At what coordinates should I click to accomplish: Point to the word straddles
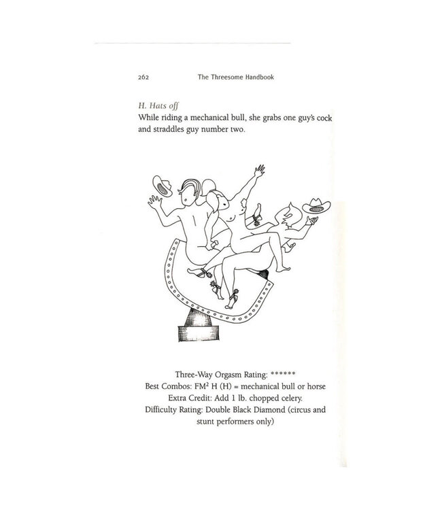point(182,131)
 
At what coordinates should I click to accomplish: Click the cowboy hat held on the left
point(161,184)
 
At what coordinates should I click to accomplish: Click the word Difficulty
point(161,410)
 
